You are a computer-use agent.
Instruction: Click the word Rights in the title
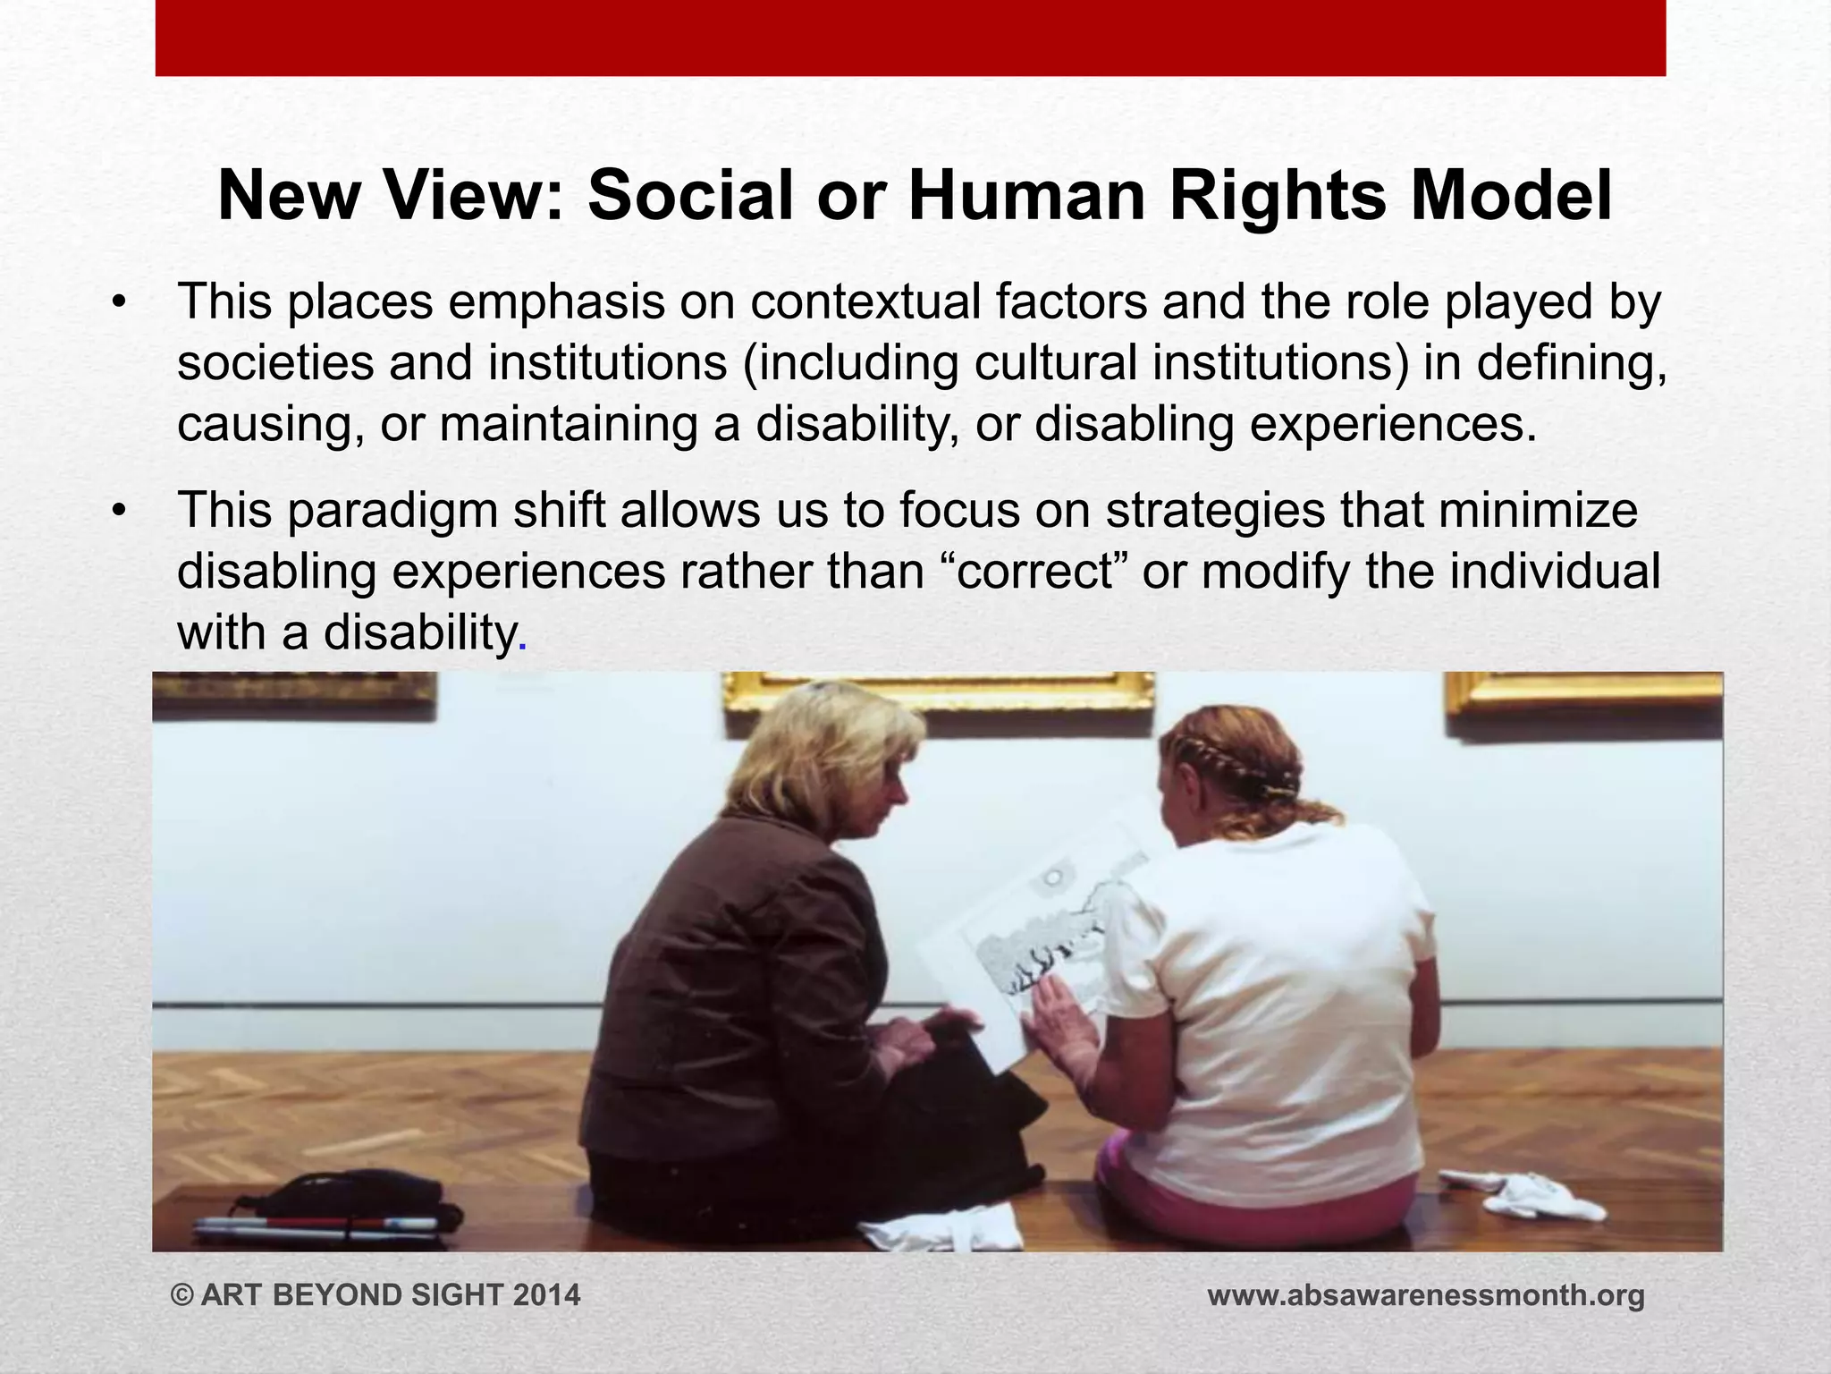(x=1278, y=197)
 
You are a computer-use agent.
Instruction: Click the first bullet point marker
(x=119, y=302)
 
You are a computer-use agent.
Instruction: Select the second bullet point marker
(x=119, y=512)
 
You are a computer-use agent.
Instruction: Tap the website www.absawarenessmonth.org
(x=1426, y=1295)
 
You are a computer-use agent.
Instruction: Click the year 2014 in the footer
(x=546, y=1295)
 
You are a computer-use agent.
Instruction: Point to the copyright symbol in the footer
(x=182, y=1295)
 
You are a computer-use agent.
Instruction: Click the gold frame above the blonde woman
(x=939, y=691)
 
